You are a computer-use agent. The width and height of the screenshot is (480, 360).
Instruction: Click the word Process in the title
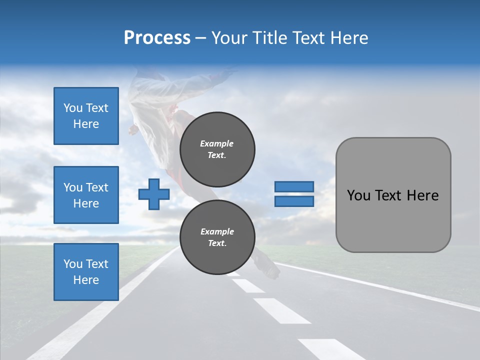pos(157,38)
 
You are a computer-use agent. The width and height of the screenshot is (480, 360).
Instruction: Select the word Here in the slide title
pos(349,38)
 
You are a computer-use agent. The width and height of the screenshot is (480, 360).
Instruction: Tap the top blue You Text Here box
pos(86,116)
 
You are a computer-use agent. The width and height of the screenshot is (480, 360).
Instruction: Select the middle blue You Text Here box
pos(86,195)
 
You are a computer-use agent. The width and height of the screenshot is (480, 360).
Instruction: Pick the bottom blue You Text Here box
pos(86,271)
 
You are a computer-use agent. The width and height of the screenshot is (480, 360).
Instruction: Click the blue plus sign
pos(154,194)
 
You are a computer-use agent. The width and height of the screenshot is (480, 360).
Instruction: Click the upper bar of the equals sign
pos(294,186)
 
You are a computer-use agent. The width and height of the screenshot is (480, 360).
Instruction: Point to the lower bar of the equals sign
pos(294,201)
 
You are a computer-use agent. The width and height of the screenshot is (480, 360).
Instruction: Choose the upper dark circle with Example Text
pos(217,149)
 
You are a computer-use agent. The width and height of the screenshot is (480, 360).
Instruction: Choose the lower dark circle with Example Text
pos(217,237)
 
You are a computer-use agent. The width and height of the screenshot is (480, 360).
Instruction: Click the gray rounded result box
pos(393,195)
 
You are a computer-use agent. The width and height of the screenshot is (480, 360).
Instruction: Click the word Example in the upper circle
pos(216,143)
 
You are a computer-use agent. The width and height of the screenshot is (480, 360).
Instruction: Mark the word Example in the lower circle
pos(217,231)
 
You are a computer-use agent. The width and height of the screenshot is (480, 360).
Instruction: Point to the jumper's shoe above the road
pos(267,267)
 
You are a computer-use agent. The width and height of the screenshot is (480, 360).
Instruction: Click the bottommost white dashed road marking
pos(330,348)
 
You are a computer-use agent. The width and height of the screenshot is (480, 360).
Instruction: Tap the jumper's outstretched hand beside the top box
pos(133,130)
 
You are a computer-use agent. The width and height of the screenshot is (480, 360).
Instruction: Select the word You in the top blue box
pos(72,108)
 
